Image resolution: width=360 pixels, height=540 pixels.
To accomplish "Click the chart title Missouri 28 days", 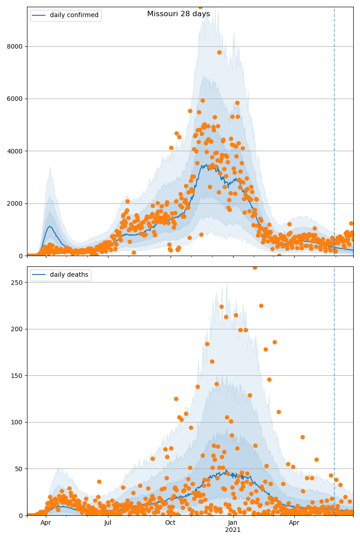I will [x=178, y=14].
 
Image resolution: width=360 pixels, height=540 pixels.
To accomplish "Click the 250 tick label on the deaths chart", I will [x=18, y=283].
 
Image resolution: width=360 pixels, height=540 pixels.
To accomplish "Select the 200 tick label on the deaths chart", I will [x=18, y=329].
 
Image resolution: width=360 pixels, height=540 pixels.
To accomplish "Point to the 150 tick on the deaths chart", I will [x=18, y=376].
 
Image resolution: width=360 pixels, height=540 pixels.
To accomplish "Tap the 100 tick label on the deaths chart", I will [x=18, y=422].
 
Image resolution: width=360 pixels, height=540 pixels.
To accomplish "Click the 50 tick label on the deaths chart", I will [x=20, y=469].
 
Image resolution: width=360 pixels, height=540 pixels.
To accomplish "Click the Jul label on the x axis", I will [x=108, y=522].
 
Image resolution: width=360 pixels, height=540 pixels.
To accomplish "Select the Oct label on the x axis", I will [x=170, y=522].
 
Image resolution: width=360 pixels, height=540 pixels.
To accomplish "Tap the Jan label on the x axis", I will [x=233, y=522].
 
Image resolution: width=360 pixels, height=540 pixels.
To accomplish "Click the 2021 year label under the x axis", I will [x=233, y=530].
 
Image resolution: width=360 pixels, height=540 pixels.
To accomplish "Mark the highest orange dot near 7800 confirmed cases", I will [x=219, y=52].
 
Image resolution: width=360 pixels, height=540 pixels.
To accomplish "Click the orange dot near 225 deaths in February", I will [x=261, y=306].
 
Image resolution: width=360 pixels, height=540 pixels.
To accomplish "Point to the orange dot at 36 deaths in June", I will [x=99, y=481].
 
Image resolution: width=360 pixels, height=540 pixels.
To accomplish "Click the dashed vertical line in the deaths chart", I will [x=334, y=382].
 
